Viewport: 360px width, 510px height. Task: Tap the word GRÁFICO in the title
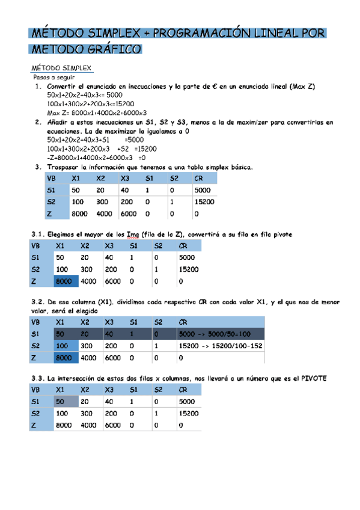[x=112, y=48]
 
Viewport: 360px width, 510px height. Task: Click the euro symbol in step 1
[x=214, y=87]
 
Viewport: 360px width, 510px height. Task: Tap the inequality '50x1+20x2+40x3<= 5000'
[x=84, y=95]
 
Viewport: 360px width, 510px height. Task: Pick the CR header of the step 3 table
[x=199, y=179]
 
